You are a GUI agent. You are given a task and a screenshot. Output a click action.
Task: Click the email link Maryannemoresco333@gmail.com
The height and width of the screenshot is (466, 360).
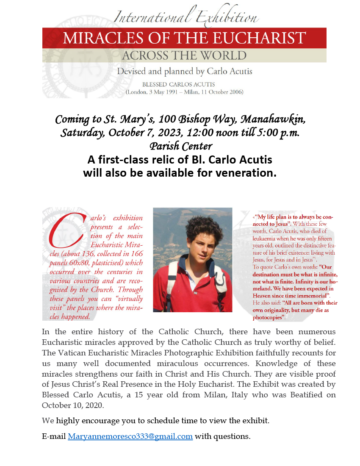(130, 436)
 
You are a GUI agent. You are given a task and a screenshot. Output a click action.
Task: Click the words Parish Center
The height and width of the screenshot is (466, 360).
(181, 147)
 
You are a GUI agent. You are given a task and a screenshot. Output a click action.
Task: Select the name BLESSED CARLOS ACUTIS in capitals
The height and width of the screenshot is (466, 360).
(184, 85)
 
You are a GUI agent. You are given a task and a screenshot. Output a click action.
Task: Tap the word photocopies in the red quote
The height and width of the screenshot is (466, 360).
(268, 317)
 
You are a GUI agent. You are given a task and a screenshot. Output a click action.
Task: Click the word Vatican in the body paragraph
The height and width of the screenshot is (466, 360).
(71, 353)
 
